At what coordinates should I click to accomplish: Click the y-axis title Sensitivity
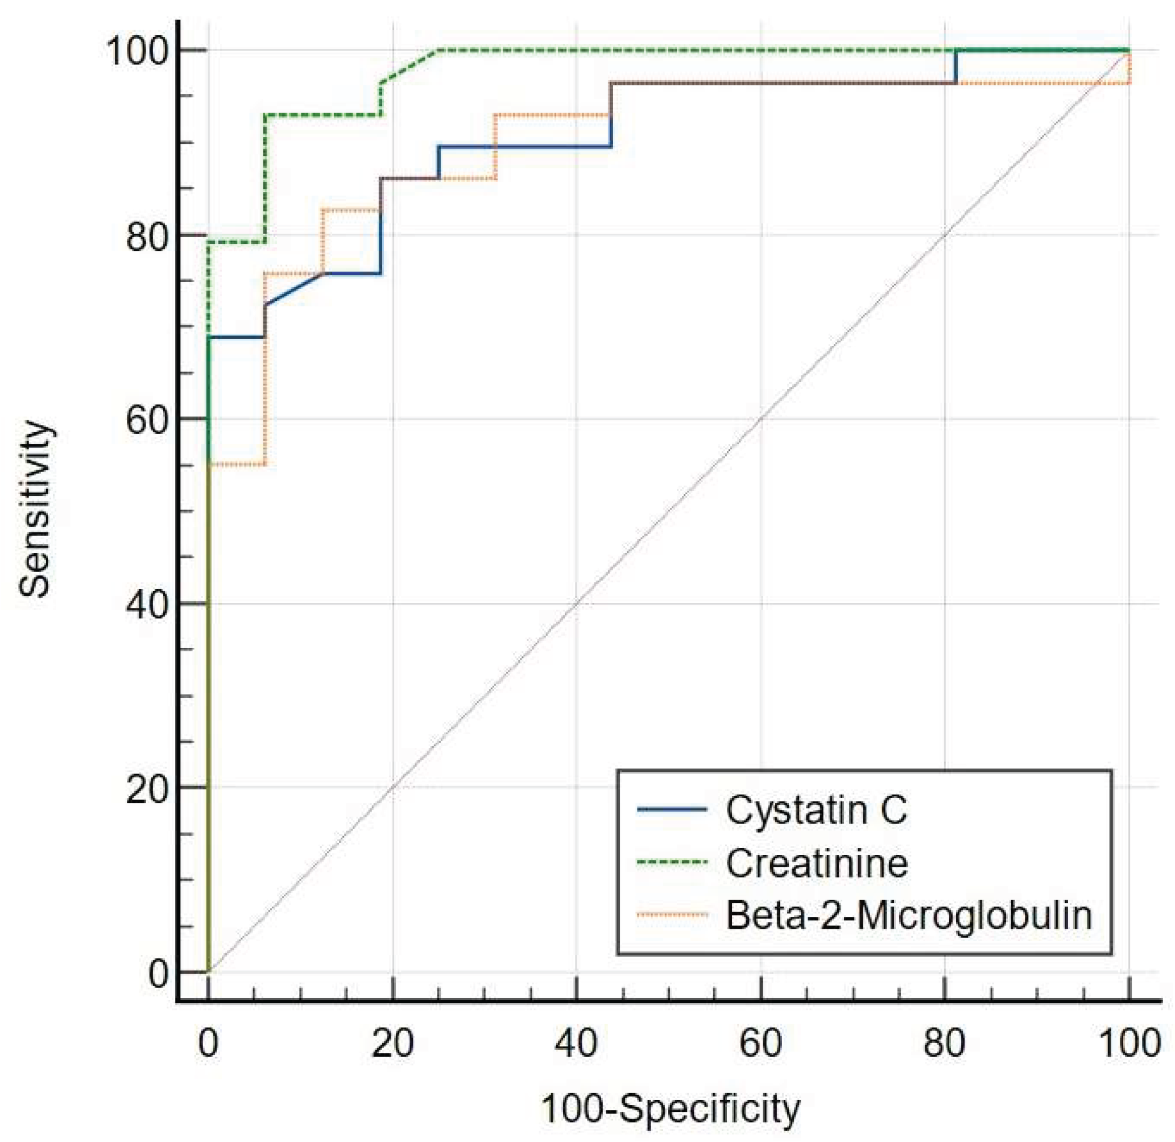coord(35,509)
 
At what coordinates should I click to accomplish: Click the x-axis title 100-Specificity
coord(670,1109)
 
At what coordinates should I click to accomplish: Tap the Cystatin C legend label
coord(816,810)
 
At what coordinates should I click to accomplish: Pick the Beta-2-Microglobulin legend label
coord(909,915)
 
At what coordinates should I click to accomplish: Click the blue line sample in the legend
coord(672,810)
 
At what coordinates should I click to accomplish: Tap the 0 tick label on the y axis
coord(158,974)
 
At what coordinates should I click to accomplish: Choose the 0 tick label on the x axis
coord(208,1043)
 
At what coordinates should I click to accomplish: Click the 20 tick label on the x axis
coord(393,1043)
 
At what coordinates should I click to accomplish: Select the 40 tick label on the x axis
coord(576,1043)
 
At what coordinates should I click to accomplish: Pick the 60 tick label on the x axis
coord(760,1043)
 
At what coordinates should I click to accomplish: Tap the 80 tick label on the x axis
coord(945,1043)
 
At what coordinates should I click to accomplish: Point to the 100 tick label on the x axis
coord(1129,1043)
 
